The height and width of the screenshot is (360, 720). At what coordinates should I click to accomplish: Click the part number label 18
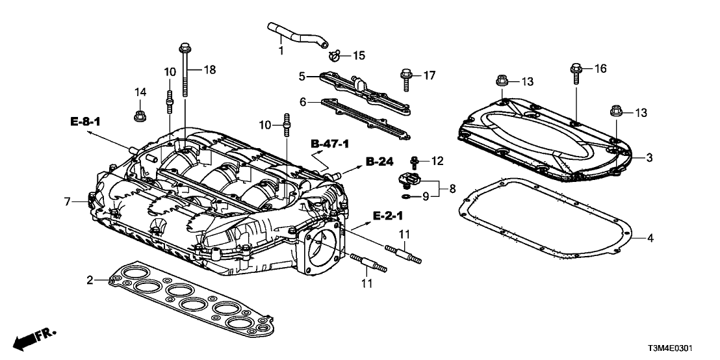pos(209,69)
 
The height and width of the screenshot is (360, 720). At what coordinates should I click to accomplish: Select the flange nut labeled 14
pos(138,117)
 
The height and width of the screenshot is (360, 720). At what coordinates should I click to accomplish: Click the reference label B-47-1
pos(330,142)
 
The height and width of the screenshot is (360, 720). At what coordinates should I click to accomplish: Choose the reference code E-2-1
pos(387,215)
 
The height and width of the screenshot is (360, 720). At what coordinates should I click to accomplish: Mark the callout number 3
pos(649,158)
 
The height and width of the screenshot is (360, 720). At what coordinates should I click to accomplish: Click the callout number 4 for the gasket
pos(650,238)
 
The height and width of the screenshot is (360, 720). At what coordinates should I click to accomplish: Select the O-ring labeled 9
pos(406,194)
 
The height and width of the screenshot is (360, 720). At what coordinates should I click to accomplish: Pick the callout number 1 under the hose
pos(281,50)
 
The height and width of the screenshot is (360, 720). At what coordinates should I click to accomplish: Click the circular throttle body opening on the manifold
pos(322,245)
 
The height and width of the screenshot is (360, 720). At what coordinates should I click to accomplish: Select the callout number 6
pos(302,103)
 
